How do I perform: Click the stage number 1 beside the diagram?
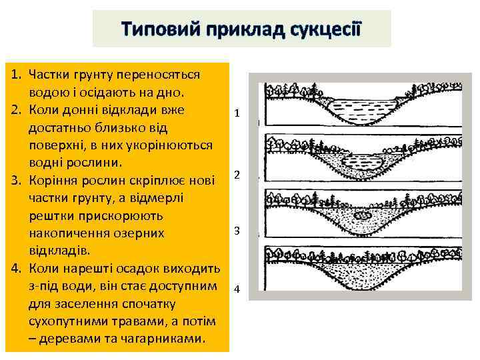(237, 113)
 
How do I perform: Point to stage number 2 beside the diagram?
(237, 175)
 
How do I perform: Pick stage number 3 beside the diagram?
(237, 231)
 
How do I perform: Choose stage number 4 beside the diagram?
(237, 289)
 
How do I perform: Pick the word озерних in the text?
(149, 233)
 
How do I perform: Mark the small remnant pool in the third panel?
(363, 215)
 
